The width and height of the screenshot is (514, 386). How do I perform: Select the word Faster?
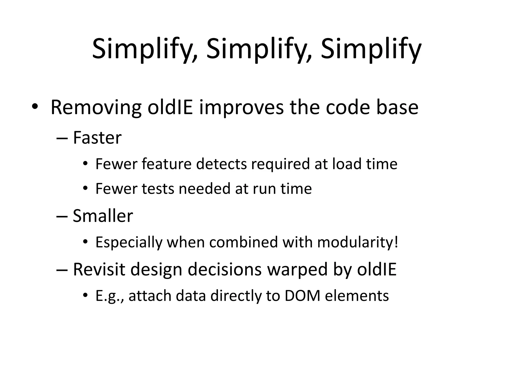[x=97, y=138]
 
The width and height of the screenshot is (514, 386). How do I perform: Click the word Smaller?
[x=103, y=216]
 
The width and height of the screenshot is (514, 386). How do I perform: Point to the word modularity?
[x=357, y=242]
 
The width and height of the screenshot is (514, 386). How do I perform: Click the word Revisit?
[x=99, y=269]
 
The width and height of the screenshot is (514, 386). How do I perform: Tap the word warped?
[x=297, y=269]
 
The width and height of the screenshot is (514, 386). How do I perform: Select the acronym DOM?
[x=302, y=296]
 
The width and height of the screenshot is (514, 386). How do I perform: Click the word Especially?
[x=128, y=242]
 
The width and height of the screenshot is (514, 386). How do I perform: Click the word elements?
[x=357, y=296]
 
